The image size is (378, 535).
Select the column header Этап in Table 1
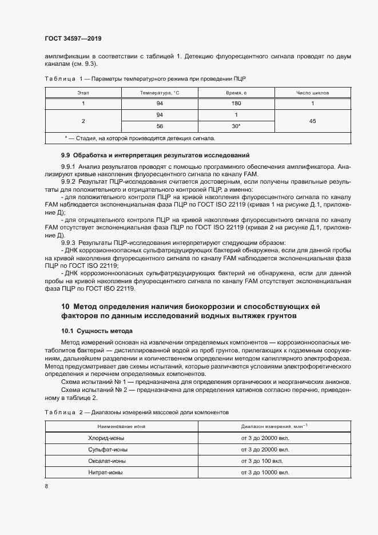coord(83,92)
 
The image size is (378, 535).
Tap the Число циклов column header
coord(312,92)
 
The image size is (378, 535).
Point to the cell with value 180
coord(236,104)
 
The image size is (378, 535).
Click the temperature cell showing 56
coord(160,126)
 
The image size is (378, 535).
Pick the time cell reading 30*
coord(236,126)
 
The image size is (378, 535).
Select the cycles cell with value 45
coord(312,121)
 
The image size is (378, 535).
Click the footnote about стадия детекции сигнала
coord(140,138)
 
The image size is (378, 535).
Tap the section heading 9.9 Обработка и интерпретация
coord(155,156)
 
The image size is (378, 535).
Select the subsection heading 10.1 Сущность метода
coord(97,331)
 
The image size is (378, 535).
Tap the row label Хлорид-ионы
coord(103,438)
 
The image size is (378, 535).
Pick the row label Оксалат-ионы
coord(104,461)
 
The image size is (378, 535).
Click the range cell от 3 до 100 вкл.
coord(265,461)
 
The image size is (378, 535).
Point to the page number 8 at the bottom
coord(46,486)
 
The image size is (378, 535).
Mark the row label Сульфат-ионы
coord(104,449)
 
